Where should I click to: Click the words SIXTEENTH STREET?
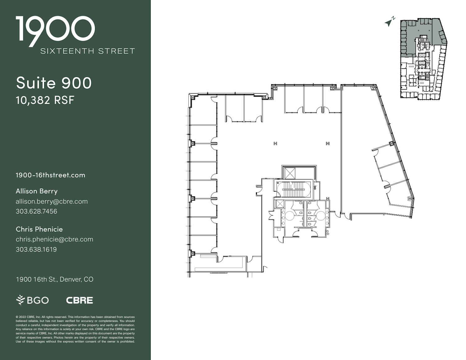(88, 51)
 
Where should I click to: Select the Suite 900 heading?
(54, 83)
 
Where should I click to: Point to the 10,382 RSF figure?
(45, 100)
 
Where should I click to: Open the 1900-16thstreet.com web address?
(50, 175)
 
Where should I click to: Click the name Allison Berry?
(37, 191)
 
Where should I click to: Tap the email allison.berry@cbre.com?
(52, 201)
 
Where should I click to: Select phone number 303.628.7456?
(36, 211)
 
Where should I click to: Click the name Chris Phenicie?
(39, 229)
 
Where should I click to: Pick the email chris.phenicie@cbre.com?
(54, 239)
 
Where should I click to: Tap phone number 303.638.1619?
(36, 249)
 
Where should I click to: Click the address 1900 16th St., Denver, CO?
(55, 279)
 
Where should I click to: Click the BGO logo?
(33, 300)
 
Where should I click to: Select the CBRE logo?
(79, 300)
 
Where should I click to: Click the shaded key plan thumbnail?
(423, 59)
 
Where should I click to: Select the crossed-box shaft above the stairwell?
(290, 173)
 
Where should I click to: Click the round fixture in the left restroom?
(289, 216)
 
